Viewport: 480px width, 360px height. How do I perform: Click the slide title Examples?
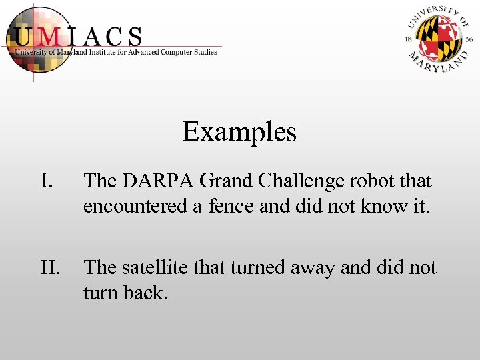(x=239, y=132)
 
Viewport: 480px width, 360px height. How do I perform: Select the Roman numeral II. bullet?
(x=51, y=268)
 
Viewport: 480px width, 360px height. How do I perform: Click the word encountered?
(x=136, y=207)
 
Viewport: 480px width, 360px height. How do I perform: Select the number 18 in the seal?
(x=409, y=39)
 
